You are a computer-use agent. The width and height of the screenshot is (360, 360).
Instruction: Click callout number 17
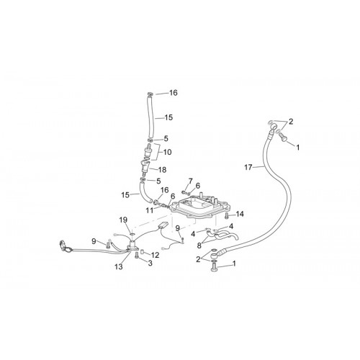tap(248, 167)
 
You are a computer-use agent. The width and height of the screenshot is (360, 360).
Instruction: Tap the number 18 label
tap(162, 170)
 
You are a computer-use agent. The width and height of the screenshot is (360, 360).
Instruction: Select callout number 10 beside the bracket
tap(167, 152)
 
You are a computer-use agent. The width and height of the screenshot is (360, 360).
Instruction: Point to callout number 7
tap(191, 181)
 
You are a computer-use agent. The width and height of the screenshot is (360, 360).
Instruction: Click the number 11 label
tap(149, 210)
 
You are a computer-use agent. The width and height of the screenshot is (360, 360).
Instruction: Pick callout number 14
tap(240, 214)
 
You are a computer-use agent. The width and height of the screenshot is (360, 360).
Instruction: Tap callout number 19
tap(123, 220)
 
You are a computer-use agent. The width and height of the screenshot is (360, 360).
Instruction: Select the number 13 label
tap(119, 266)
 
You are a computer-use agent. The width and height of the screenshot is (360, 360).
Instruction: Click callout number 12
tap(155, 255)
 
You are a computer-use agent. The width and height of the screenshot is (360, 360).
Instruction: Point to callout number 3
tap(150, 264)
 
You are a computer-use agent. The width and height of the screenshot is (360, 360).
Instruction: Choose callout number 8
tap(199, 246)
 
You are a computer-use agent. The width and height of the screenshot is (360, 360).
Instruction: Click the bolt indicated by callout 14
tap(227, 216)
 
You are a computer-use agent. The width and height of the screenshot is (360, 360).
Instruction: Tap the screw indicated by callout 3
tap(137, 255)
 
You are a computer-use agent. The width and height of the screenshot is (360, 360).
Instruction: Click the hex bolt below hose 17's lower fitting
tap(213, 267)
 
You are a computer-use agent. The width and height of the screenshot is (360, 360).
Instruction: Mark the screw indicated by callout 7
tap(184, 192)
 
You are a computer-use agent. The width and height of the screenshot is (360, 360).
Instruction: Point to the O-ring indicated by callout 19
tap(132, 234)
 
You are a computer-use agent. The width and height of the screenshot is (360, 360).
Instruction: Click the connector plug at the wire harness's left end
tap(62, 246)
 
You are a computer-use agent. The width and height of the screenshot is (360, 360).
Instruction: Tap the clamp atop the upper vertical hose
tap(150, 94)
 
